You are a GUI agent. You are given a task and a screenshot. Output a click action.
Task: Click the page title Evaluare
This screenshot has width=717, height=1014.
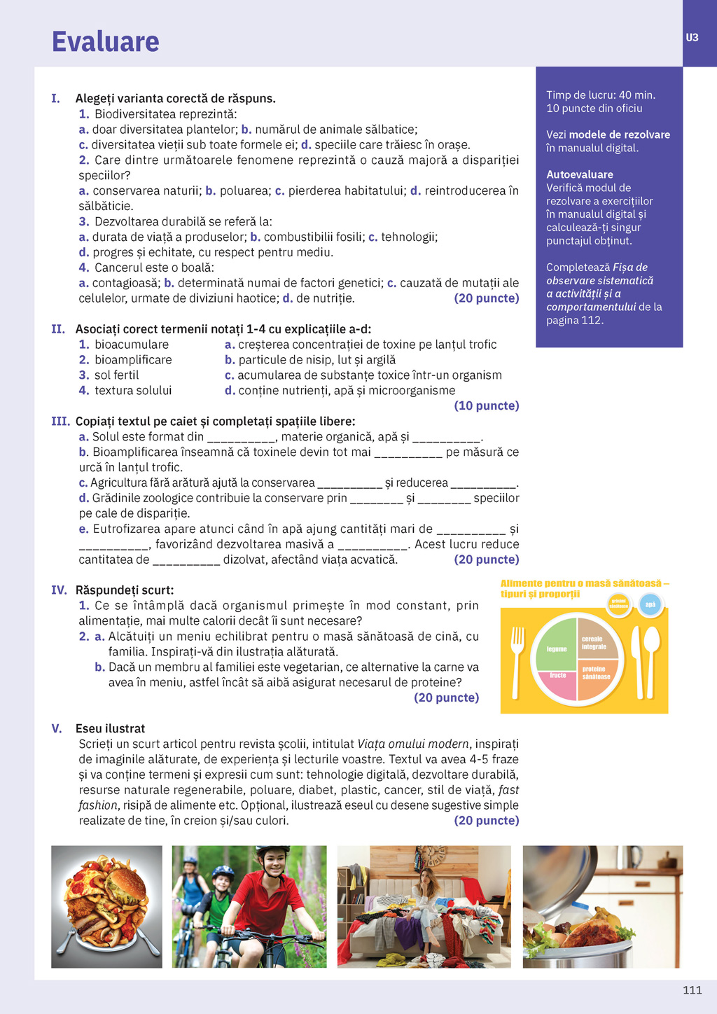pyautogui.click(x=106, y=42)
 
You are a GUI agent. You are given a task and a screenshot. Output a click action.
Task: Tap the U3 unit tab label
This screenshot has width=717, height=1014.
pyautogui.click(x=692, y=38)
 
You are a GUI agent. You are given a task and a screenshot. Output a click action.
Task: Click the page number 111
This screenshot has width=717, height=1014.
pyautogui.click(x=692, y=989)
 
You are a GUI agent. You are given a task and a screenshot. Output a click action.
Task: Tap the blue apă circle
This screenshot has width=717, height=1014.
pyautogui.click(x=650, y=604)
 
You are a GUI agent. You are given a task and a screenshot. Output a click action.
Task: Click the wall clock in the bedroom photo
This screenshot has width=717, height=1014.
pyautogui.click(x=434, y=856)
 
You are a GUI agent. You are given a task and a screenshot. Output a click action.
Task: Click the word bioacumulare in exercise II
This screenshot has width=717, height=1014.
pyautogui.click(x=132, y=345)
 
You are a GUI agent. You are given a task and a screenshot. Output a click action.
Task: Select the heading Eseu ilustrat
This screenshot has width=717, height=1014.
pyautogui.click(x=110, y=728)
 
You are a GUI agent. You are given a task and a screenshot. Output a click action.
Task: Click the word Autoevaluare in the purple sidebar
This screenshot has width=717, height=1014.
pyautogui.click(x=580, y=174)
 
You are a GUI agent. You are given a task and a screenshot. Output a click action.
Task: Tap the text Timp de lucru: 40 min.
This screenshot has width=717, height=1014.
pyautogui.click(x=601, y=95)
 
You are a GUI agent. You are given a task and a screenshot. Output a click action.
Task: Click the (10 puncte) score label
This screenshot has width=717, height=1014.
pyautogui.click(x=487, y=405)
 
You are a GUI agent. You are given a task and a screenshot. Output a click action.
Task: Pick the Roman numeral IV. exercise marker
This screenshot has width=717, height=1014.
pyautogui.click(x=59, y=590)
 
